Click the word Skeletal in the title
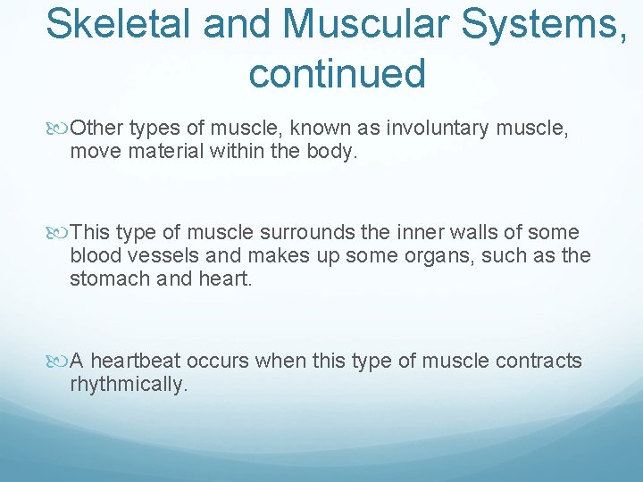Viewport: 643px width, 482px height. (118, 23)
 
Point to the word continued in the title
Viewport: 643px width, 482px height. (337, 72)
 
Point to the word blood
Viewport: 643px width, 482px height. (95, 255)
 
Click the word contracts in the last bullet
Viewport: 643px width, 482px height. (539, 361)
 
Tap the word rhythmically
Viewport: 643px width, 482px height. (129, 385)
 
